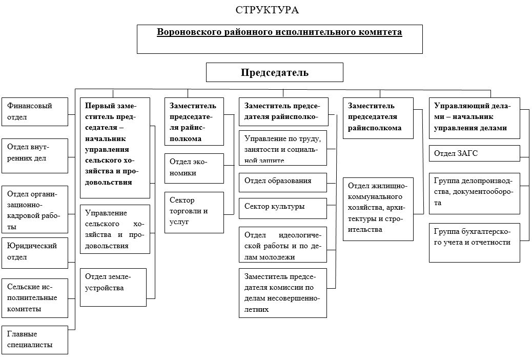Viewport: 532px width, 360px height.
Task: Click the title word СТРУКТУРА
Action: [x=267, y=10]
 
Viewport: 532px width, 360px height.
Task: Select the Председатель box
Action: [x=275, y=72]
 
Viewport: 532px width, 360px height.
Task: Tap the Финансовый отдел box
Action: [x=35, y=112]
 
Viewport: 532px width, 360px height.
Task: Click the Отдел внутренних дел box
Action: [x=35, y=155]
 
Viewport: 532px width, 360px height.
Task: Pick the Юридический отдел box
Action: [x=35, y=252]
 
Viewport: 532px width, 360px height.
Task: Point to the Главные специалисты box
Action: [x=35, y=339]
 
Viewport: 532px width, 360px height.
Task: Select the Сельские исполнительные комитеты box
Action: [x=35, y=297]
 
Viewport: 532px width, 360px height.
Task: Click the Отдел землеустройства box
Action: [x=113, y=287]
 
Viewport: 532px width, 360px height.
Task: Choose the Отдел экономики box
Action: [x=194, y=169]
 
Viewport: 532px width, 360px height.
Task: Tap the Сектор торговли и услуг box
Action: [x=194, y=212]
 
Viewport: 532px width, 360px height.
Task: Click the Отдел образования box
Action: [x=283, y=182]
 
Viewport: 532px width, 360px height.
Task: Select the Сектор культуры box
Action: [x=283, y=208]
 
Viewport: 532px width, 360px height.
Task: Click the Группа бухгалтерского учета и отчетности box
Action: [x=474, y=242]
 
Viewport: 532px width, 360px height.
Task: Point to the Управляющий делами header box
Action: [x=474, y=117]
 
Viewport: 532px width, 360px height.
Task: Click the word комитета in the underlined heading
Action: [x=380, y=32]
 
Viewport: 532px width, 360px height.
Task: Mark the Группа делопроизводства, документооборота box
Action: [x=474, y=193]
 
